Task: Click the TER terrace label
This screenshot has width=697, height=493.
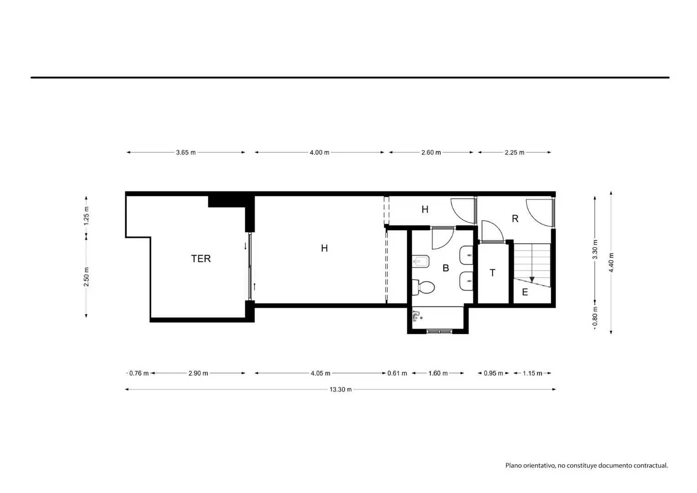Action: coord(201,258)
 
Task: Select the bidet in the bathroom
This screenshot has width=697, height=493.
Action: coord(421,262)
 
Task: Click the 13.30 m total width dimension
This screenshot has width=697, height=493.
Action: coord(340,389)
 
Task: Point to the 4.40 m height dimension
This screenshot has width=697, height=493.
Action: coord(612,262)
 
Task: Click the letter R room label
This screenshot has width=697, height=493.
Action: coord(515,219)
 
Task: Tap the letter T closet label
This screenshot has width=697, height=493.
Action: coord(492,273)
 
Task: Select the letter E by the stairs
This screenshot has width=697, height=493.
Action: coord(525,292)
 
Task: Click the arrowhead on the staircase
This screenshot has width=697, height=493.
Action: coord(532,279)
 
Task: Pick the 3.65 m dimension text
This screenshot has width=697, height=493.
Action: coord(186,152)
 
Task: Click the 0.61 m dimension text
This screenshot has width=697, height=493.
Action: coord(397,373)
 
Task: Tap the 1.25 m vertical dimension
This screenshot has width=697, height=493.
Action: coord(86,216)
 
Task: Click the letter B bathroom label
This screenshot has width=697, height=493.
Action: coord(446,268)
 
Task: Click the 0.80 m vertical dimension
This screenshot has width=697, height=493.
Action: coord(595,317)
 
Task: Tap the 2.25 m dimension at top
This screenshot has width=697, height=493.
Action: coord(514,152)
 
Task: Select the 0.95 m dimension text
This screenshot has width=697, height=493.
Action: coord(493,373)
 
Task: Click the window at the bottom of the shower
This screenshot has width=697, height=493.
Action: coord(439,332)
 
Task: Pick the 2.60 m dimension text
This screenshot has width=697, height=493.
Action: coord(431,152)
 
